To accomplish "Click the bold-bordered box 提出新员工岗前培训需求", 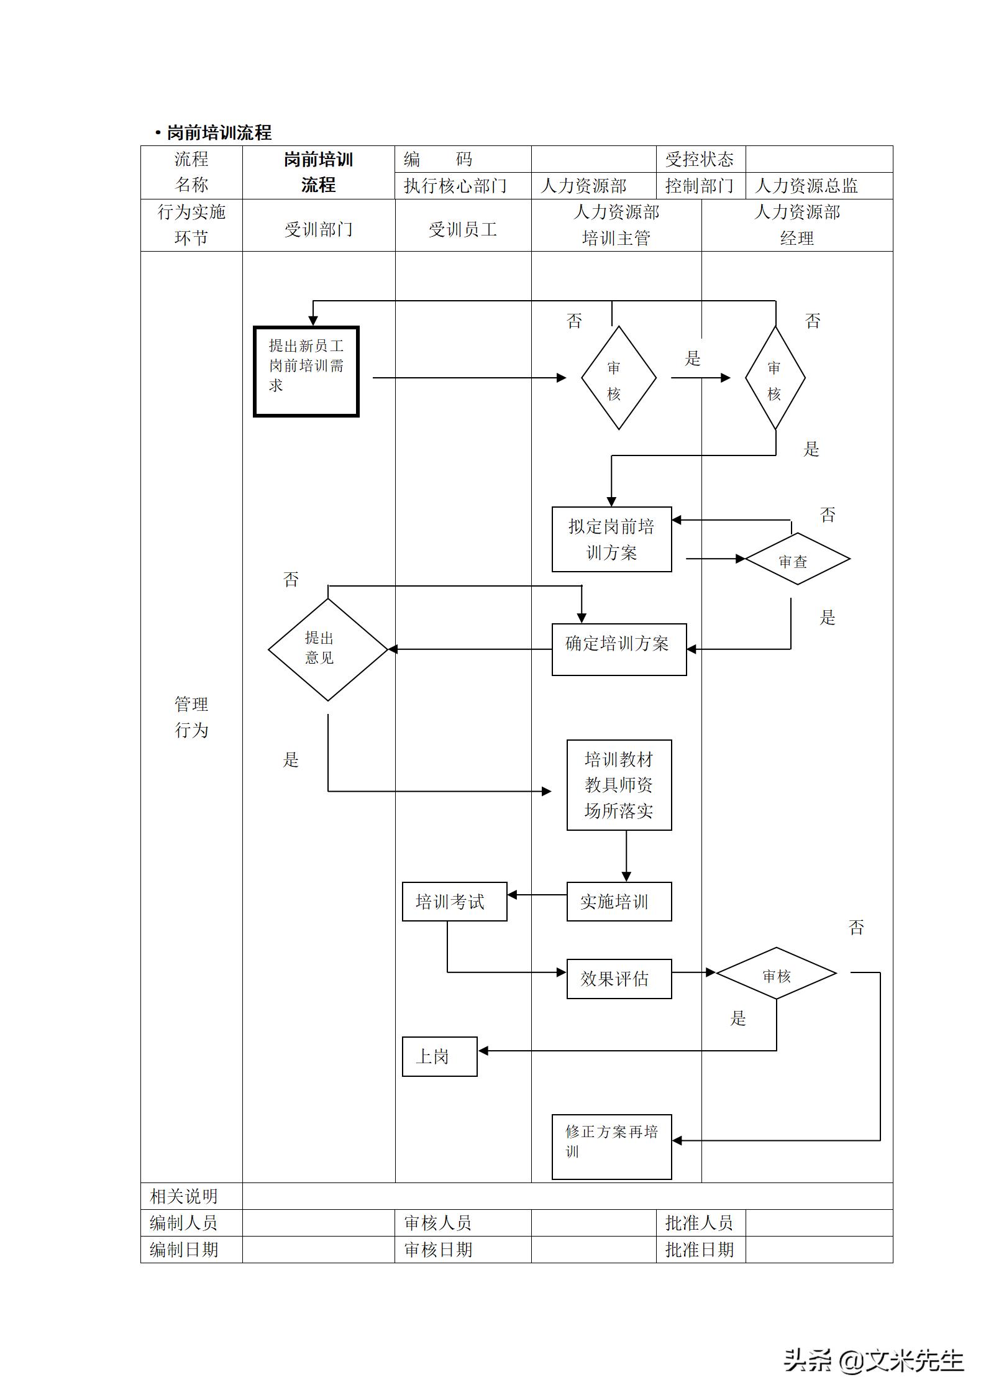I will [x=306, y=372].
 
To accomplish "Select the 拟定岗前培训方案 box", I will [x=611, y=539].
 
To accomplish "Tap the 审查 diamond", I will [x=797, y=559].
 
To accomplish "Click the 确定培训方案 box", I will [x=619, y=649].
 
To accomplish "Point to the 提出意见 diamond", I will [x=327, y=649].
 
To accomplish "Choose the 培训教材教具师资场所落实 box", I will [x=619, y=785].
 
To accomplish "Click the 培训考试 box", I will [x=454, y=902].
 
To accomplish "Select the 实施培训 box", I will [x=619, y=902].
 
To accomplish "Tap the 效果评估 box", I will [x=619, y=979].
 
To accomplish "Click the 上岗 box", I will [x=439, y=1056].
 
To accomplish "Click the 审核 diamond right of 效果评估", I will [x=776, y=974].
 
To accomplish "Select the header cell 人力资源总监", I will [x=806, y=186].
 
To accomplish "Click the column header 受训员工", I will [x=463, y=230].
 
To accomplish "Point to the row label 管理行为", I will [x=191, y=717].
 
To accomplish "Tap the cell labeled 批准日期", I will [x=700, y=1250].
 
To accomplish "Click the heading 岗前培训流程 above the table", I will [x=219, y=132].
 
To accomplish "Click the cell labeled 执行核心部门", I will [x=455, y=186].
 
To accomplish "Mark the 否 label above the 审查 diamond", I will [x=827, y=515].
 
